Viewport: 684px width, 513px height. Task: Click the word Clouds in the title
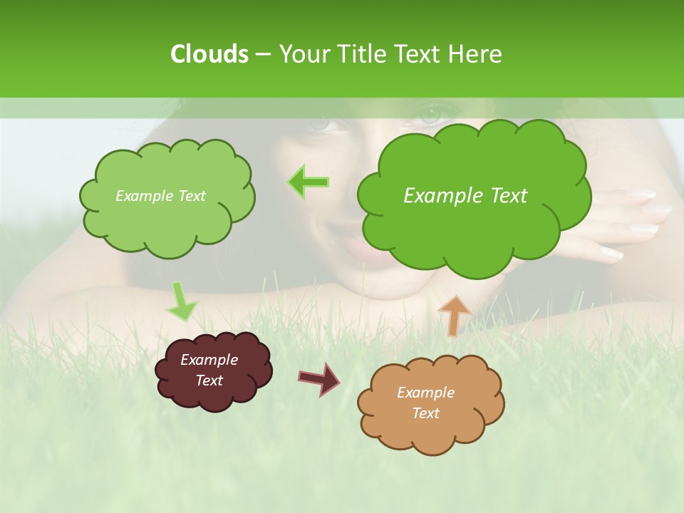pos(209,54)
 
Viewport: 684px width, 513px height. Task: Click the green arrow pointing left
pos(309,182)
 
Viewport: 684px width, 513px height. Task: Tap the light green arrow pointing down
pos(182,301)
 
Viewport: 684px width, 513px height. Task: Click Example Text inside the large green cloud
pos(465,196)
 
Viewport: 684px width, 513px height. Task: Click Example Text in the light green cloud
pos(160,196)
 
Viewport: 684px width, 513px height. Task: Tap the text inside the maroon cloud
pos(209,370)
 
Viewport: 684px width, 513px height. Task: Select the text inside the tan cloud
pos(425,403)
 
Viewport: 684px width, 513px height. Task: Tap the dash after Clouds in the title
pos(262,54)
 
